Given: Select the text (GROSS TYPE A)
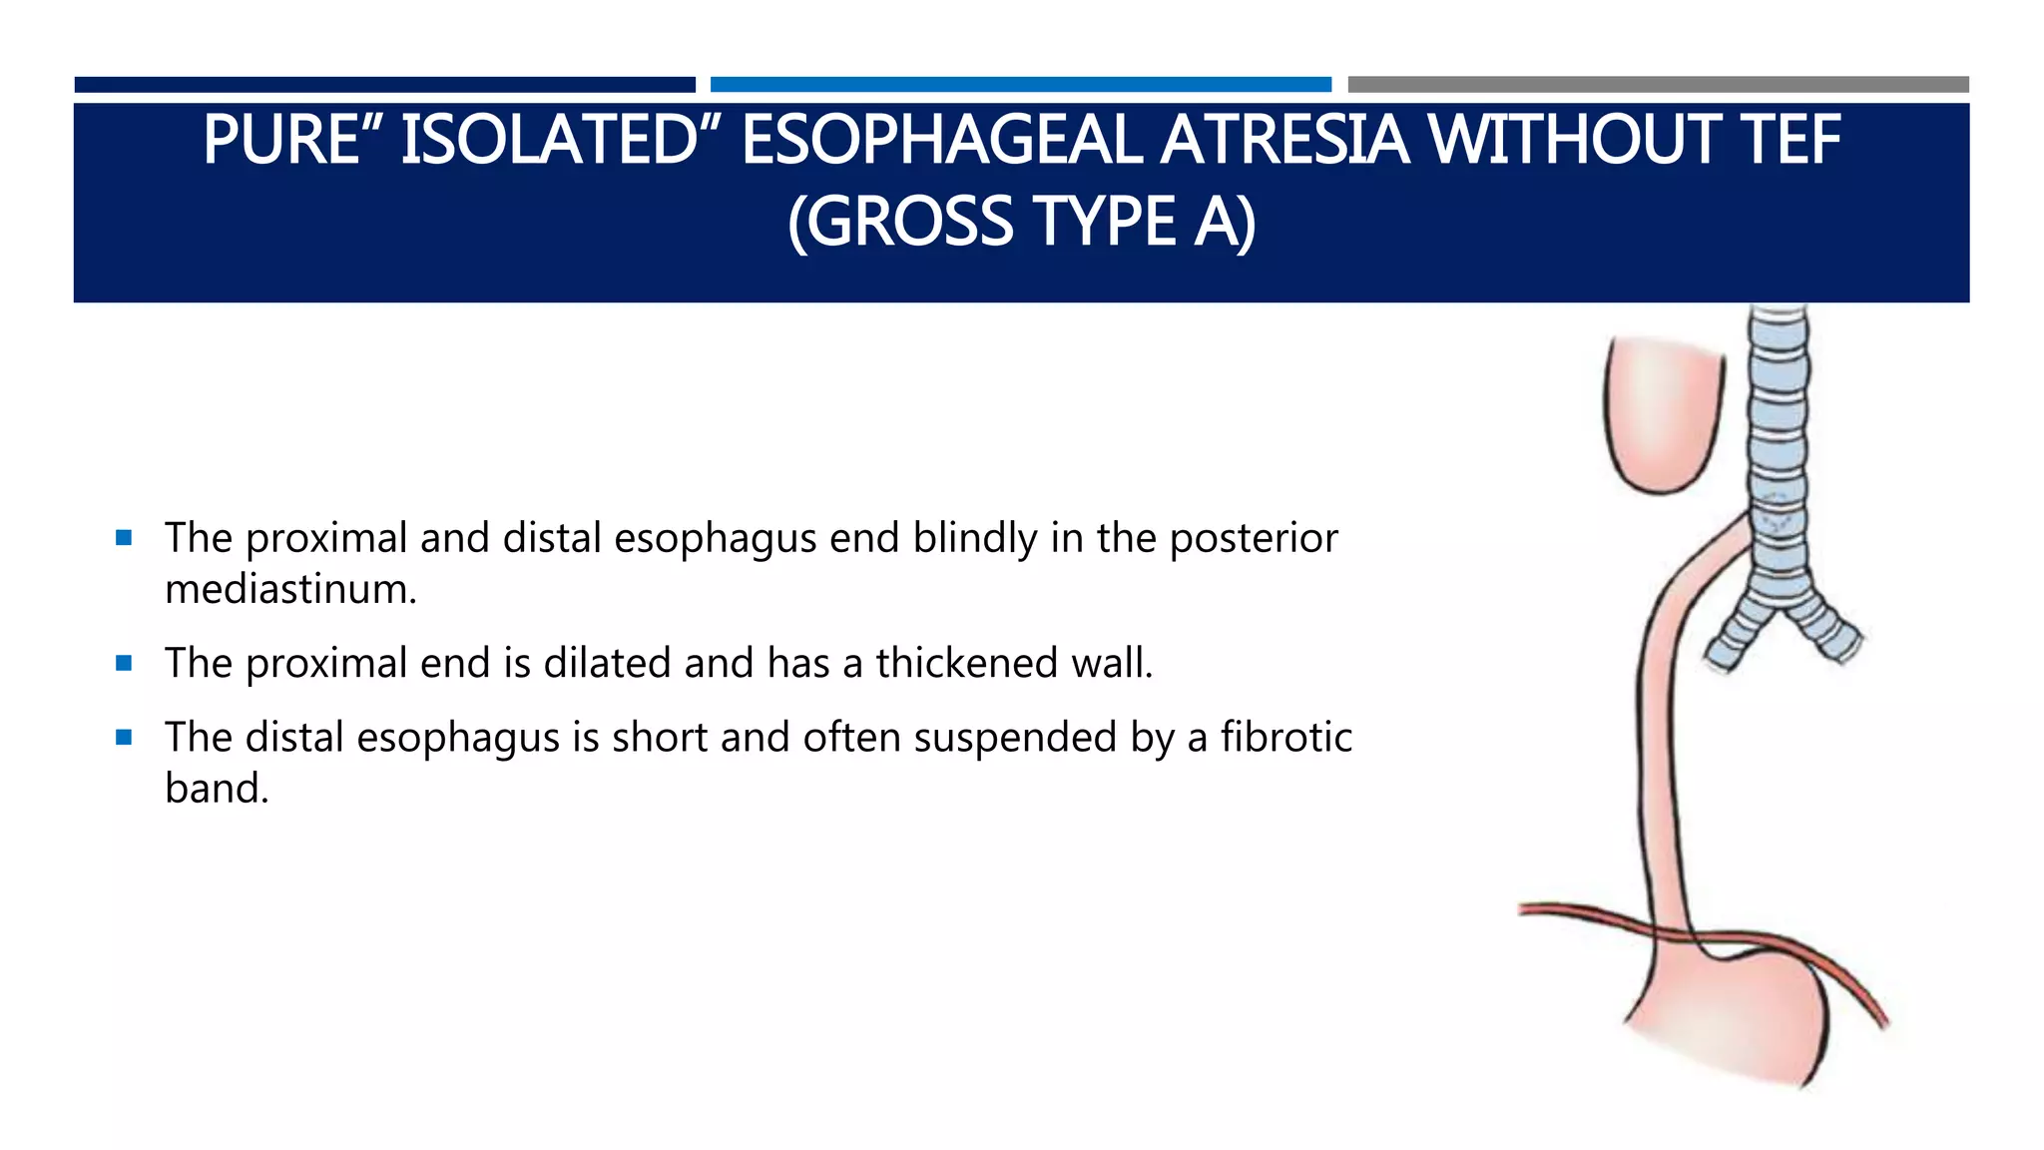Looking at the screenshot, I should (x=1021, y=222).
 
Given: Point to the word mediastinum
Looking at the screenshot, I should (x=290, y=589).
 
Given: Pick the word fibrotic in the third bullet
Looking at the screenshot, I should (x=1286, y=738).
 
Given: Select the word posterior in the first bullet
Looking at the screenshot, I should (x=1254, y=538).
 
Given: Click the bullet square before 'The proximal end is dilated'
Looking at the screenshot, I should (x=124, y=663).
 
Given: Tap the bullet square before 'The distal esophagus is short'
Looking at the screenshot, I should (x=124, y=738).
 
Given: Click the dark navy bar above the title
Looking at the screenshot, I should (x=384, y=85).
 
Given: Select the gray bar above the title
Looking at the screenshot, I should (x=1658, y=85).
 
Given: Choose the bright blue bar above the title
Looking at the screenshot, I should (x=1020, y=85).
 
